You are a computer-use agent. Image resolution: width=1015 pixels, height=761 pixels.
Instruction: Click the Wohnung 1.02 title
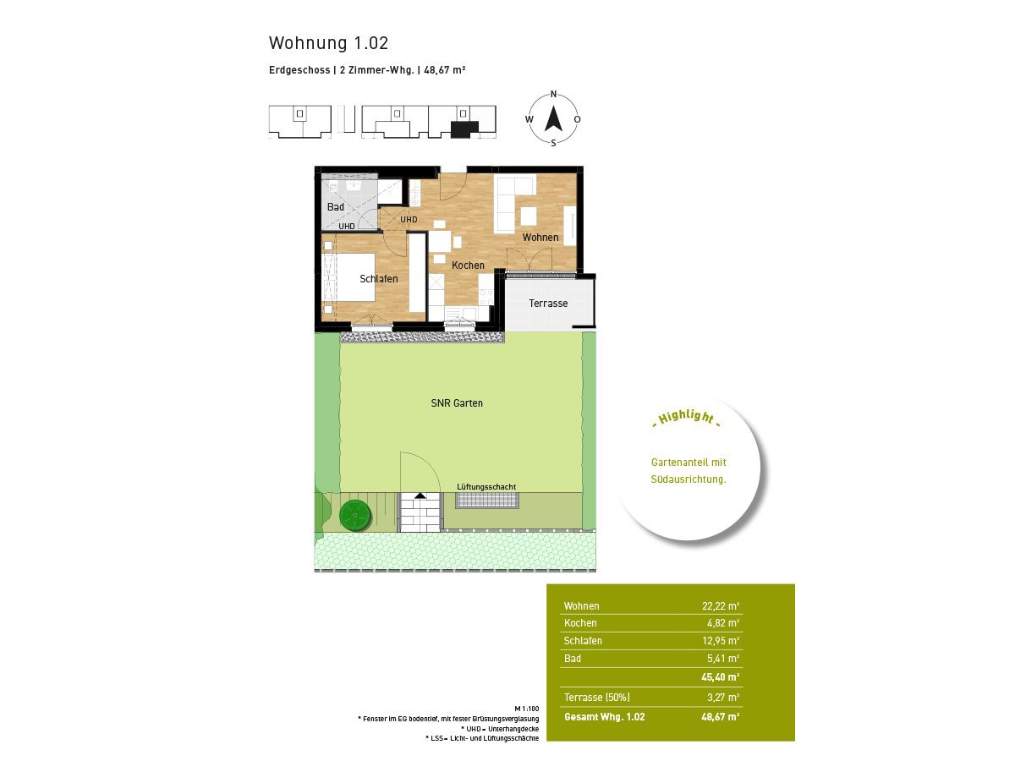pos(328,43)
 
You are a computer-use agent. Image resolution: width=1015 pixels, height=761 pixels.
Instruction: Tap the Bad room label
pos(335,206)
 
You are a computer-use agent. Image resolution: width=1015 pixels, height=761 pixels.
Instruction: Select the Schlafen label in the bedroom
pos(379,279)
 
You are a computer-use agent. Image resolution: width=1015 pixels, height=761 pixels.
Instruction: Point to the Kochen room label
pos(468,266)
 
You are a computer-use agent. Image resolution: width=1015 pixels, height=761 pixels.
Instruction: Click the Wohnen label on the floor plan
pos(540,237)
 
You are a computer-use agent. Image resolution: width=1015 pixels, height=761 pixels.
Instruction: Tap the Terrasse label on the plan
pos(548,303)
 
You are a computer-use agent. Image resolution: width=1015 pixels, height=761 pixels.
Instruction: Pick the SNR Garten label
pos(457,403)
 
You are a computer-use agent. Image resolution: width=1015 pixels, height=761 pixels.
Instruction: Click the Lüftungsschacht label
pos(486,486)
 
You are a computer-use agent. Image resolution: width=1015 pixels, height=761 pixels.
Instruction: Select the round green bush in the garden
pos(355,515)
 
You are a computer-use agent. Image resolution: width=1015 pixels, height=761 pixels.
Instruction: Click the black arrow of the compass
pos(553,118)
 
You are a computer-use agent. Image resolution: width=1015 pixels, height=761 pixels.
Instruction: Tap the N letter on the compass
pos(553,95)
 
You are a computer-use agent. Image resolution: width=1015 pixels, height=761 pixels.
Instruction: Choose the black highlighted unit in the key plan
pos(464,129)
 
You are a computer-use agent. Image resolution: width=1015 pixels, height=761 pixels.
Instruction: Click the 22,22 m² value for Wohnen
pos(721,605)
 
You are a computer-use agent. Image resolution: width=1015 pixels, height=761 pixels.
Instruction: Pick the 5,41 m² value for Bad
pos(723,659)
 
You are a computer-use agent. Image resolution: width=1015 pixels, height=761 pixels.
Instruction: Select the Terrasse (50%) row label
pos(596,698)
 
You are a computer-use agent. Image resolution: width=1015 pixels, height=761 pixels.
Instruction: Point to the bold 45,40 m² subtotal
pos(721,677)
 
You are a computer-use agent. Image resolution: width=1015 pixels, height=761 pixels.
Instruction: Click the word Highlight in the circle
pos(686,417)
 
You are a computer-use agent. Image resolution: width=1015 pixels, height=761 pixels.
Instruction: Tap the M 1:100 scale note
pos(527,709)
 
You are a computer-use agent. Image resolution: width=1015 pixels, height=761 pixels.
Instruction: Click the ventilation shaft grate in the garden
pos(487,501)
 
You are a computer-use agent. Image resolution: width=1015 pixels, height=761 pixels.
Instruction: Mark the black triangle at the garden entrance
pos(420,495)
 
